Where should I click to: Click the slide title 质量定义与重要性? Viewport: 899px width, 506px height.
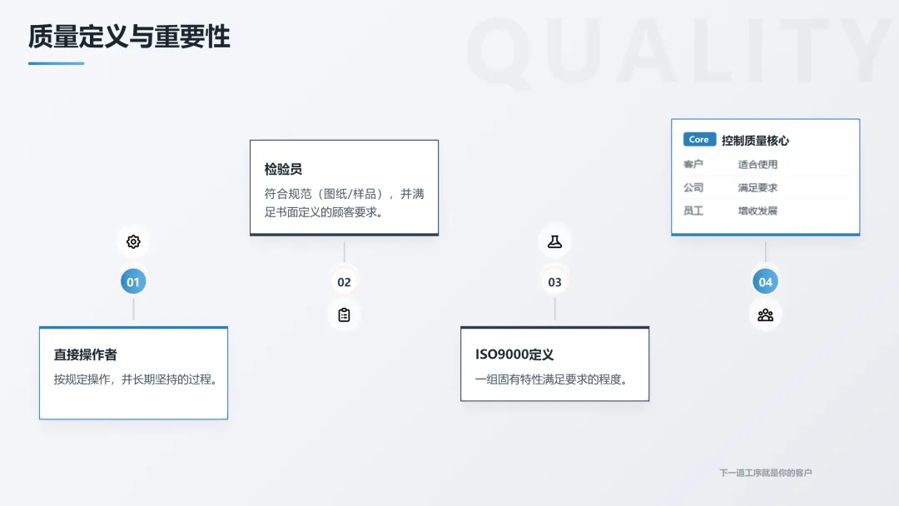click(x=129, y=37)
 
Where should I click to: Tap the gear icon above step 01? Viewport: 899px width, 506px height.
click(x=133, y=242)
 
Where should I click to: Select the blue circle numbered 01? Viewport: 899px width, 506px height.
click(x=133, y=282)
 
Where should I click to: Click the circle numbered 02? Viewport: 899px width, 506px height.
click(x=344, y=282)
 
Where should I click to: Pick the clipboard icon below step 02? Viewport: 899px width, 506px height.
click(x=344, y=315)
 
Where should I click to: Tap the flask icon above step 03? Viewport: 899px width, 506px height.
click(x=554, y=242)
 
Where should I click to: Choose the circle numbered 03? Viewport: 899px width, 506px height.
click(x=554, y=282)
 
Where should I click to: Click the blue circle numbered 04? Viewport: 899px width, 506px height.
click(x=765, y=282)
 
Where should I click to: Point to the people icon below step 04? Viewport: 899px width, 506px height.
click(x=765, y=315)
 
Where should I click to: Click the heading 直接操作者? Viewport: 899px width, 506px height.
click(x=86, y=355)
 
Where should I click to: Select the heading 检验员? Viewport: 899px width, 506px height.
click(x=283, y=170)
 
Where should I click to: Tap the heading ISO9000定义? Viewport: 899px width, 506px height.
click(x=514, y=355)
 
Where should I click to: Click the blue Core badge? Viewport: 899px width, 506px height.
click(x=699, y=140)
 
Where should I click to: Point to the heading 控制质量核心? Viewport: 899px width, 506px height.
click(x=755, y=141)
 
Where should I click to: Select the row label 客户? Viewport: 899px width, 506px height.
click(x=693, y=165)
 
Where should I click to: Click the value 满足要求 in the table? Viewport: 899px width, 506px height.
click(x=757, y=188)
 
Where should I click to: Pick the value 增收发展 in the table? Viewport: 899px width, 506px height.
click(x=757, y=211)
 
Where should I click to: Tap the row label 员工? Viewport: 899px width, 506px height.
click(x=693, y=211)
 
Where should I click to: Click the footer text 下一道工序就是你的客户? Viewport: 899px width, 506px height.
click(x=765, y=473)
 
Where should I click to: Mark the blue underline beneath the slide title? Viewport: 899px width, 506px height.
click(x=56, y=63)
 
